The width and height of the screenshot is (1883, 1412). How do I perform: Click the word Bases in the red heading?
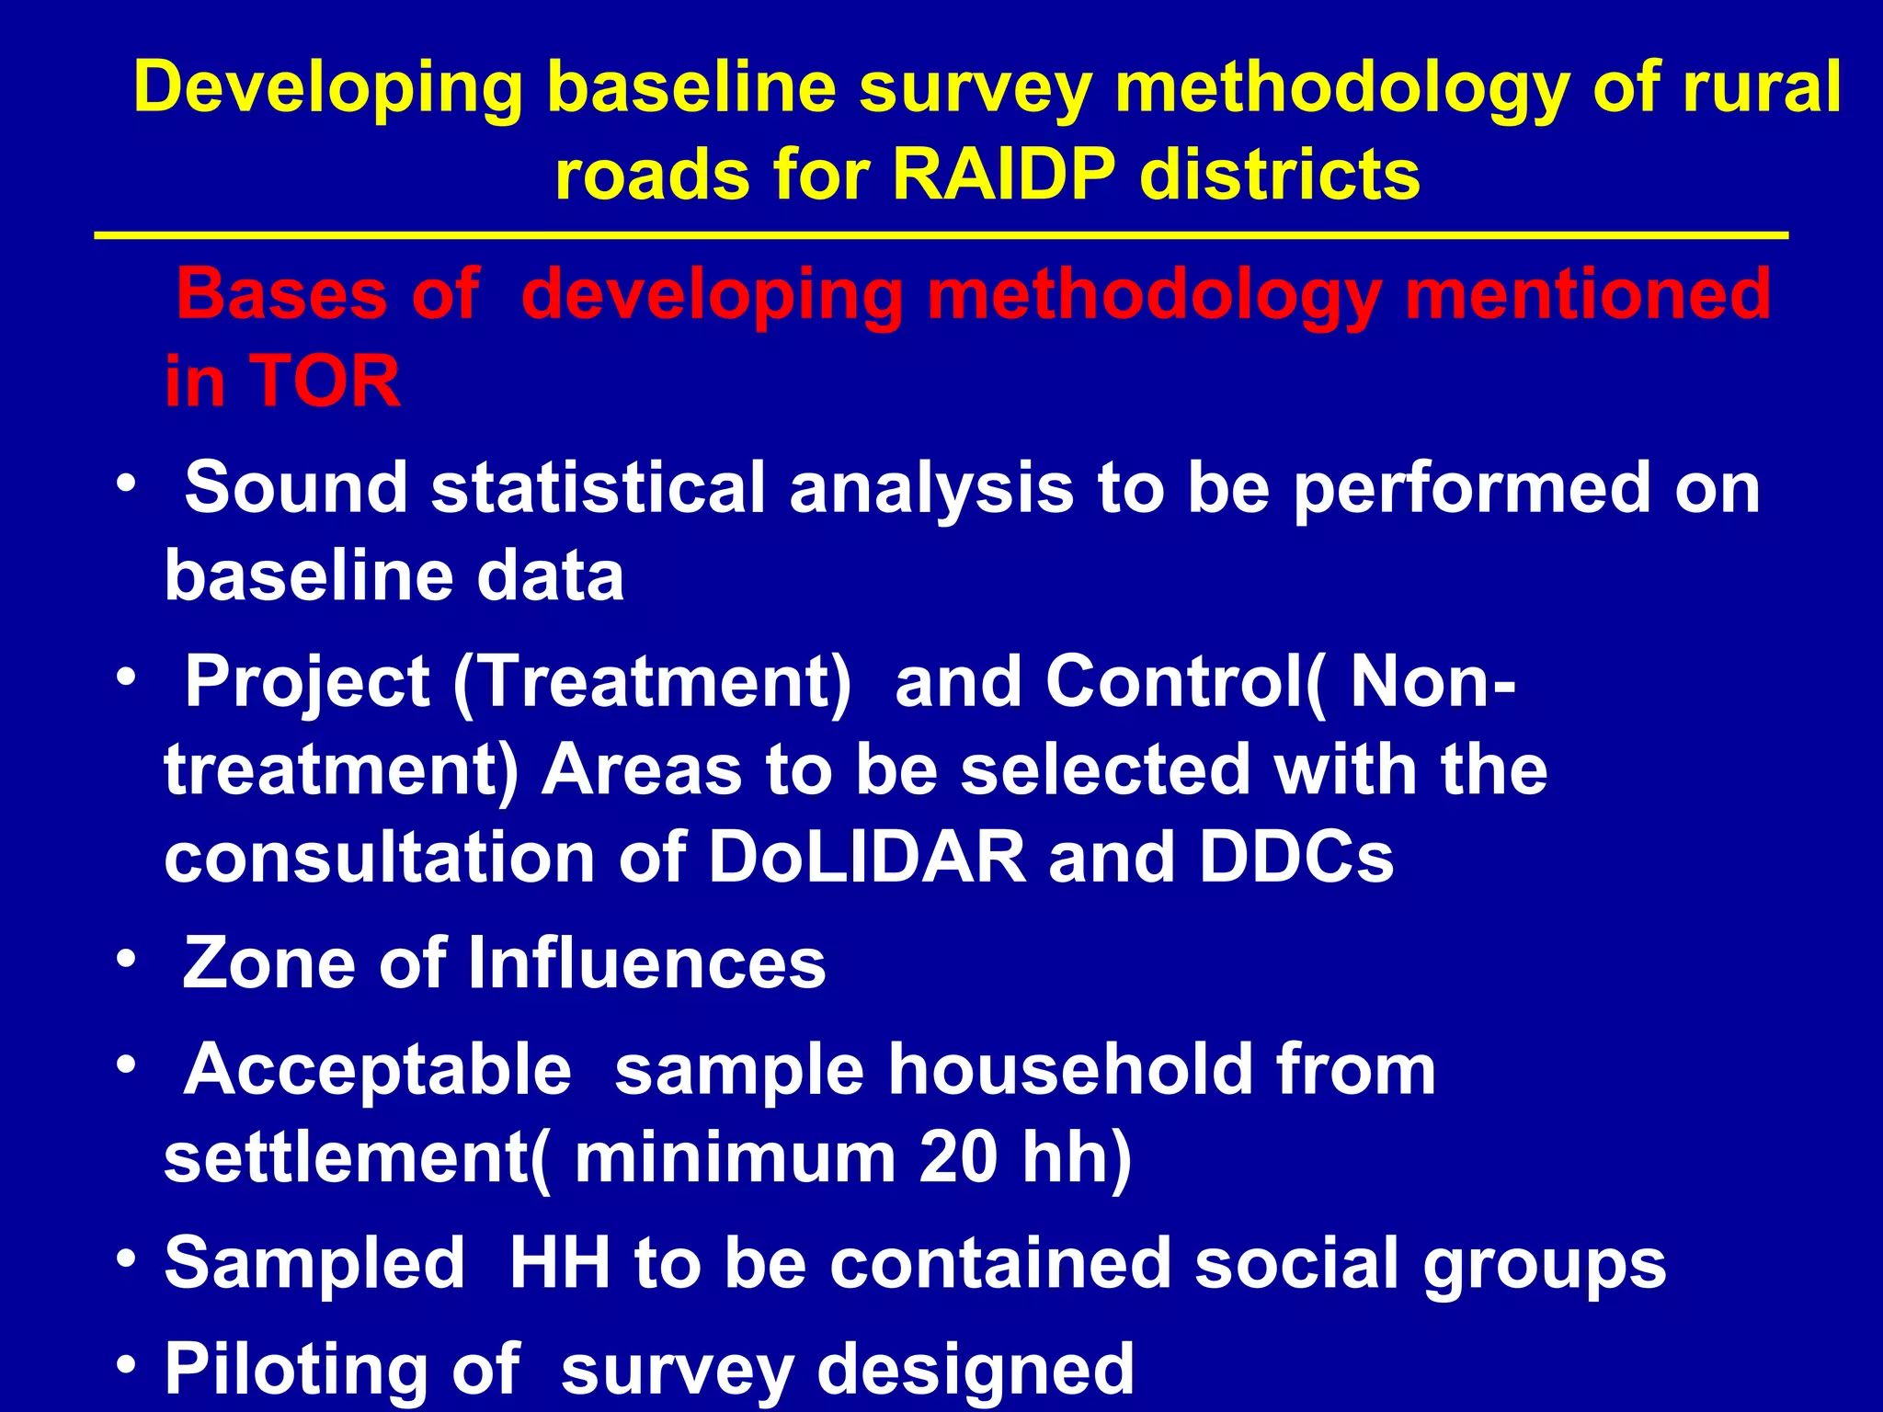[x=281, y=294]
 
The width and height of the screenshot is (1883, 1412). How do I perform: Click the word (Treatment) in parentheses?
[x=653, y=682]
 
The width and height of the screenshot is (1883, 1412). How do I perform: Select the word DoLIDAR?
[x=866, y=857]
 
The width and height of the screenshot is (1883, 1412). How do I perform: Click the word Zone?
[x=268, y=963]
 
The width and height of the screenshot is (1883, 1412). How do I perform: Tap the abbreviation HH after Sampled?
[x=560, y=1263]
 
